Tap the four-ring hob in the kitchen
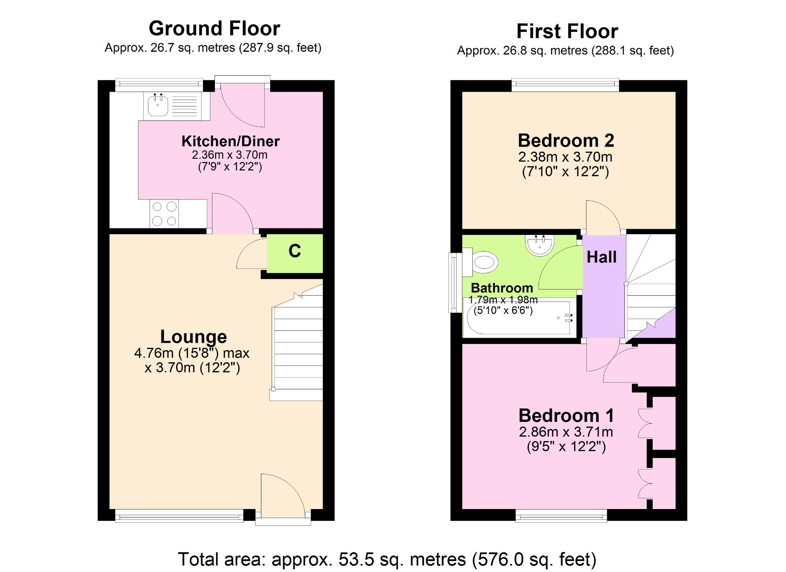pyautogui.click(x=164, y=213)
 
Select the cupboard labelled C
pyautogui.click(x=295, y=253)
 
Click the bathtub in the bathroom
pyautogui.click(x=520, y=317)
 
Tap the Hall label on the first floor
pyautogui.click(x=601, y=257)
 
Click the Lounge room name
pyautogui.click(x=193, y=337)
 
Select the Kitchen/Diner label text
pyautogui.click(x=230, y=141)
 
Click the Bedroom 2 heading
pyautogui.click(x=566, y=141)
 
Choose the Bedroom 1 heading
pyautogui.click(x=566, y=415)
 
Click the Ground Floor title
pyautogui.click(x=215, y=28)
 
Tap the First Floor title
pyautogui.click(x=567, y=31)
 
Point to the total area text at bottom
pyautogui.click(x=387, y=559)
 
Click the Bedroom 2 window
pyautogui.click(x=565, y=85)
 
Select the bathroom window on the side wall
pyautogui.click(x=455, y=283)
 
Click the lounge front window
pyautogui.click(x=179, y=516)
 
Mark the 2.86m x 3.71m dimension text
pyautogui.click(x=566, y=432)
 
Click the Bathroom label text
pyautogui.click(x=502, y=288)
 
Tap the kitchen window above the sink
pyautogui.click(x=159, y=85)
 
